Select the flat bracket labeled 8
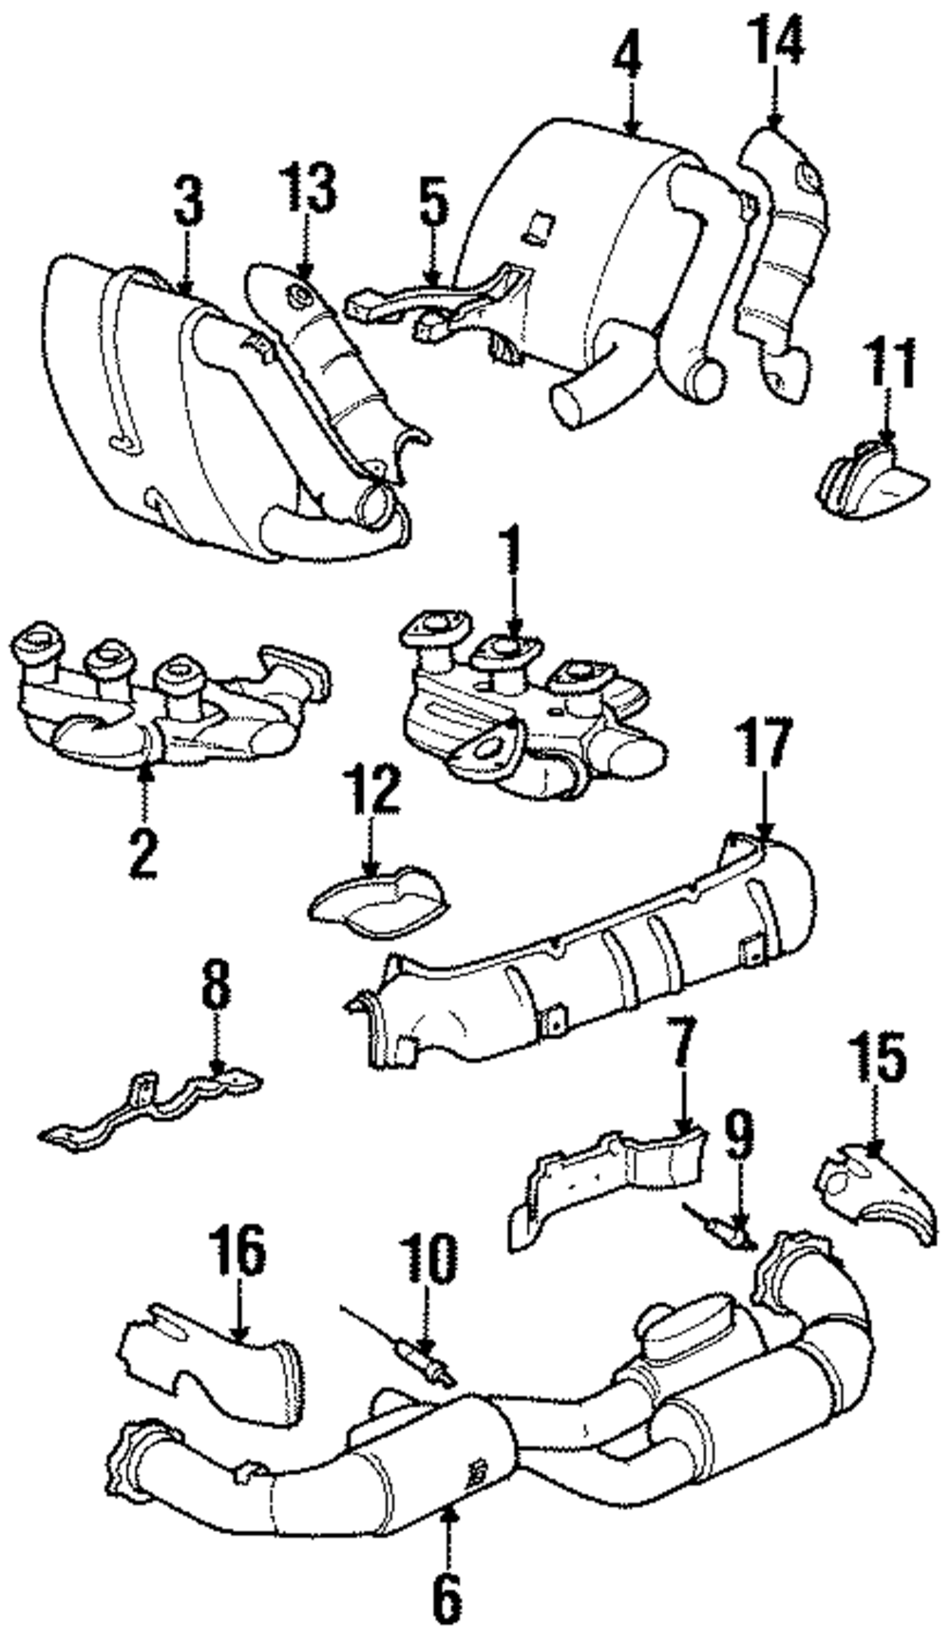pyautogui.click(x=152, y=1107)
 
